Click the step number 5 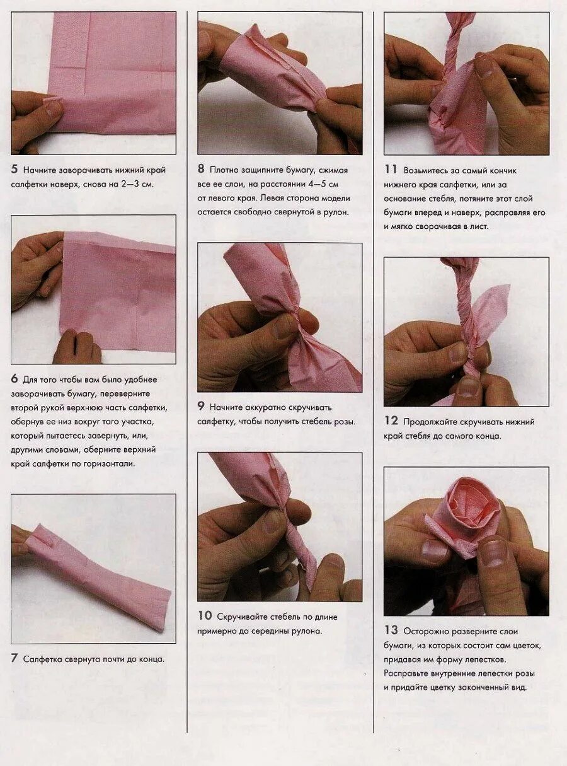click(14, 169)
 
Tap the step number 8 click(201, 169)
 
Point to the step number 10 click(205, 615)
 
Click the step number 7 click(14, 658)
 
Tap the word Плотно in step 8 click(224, 170)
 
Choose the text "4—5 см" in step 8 click(323, 184)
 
